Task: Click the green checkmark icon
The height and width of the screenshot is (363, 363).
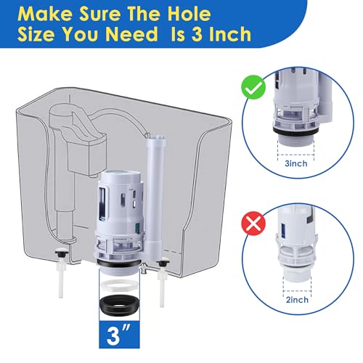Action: coord(253,87)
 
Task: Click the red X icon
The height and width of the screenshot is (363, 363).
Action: coord(253,223)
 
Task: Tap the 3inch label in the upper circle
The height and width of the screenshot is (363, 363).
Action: coord(296,163)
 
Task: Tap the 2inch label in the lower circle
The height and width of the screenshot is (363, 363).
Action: coord(297,300)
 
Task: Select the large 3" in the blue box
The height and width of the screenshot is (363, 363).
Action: coord(118,335)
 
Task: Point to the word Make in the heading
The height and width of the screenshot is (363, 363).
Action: coord(44,14)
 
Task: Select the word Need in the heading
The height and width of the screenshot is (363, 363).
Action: coord(131,34)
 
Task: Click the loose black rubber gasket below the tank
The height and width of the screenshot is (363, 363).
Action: coord(119,304)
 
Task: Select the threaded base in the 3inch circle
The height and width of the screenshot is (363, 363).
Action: coord(295,140)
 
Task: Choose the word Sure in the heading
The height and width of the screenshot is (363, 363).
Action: coord(99,14)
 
